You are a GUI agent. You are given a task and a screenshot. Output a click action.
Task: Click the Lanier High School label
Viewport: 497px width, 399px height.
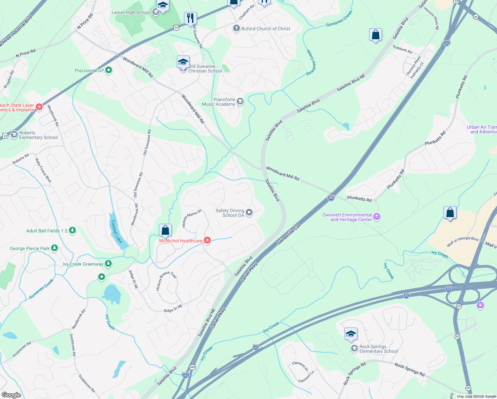coord(131,13)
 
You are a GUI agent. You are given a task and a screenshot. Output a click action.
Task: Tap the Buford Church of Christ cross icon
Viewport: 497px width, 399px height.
coord(236,28)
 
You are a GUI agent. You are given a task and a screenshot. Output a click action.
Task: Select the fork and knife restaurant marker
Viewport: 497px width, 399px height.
coord(190,18)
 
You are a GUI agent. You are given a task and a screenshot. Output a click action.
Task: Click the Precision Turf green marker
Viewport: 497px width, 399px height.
coord(109,70)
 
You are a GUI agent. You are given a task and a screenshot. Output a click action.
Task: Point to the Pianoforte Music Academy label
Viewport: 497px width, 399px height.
coord(219,102)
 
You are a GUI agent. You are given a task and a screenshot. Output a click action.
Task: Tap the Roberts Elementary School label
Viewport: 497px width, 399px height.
coord(38,135)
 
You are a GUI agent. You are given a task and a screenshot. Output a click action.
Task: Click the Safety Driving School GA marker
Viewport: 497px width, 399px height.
coord(249,212)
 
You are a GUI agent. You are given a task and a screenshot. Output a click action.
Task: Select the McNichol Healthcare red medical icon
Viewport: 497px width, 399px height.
coord(207,240)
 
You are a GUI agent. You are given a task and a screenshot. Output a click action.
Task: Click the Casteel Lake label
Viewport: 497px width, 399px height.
coord(117,231)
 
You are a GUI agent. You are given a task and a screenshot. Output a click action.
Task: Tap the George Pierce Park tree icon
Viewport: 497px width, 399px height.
coord(55,248)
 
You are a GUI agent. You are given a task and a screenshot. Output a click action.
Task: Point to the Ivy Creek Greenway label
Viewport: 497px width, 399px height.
coord(83,264)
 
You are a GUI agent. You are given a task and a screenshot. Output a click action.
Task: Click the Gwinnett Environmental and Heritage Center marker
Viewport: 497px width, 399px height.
coord(377,217)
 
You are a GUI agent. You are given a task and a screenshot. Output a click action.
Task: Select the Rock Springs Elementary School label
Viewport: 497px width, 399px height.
coord(378,349)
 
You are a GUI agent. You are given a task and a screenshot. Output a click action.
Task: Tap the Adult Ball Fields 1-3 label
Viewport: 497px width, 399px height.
coord(47,231)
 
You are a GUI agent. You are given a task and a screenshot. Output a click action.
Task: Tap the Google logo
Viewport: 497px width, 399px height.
coord(11,395)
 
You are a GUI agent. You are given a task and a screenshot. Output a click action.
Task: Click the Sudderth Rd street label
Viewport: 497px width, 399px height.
coord(402,49)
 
